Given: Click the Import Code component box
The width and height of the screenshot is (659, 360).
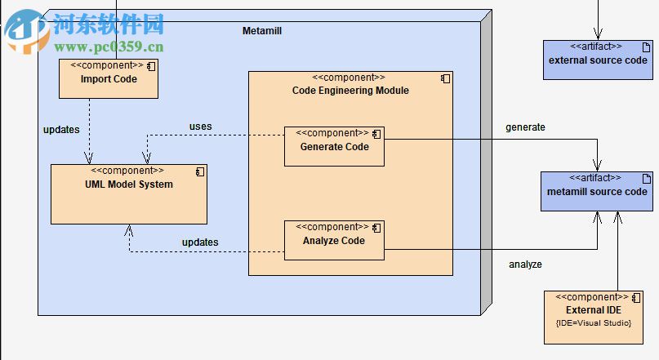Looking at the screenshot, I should [x=109, y=79].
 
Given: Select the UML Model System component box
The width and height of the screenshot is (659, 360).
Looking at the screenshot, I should [x=128, y=194].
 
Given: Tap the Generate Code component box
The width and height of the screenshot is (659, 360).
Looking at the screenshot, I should [x=334, y=147].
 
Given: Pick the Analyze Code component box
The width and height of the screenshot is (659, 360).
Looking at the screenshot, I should [x=334, y=241].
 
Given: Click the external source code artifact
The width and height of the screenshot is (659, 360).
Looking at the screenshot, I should [x=598, y=60].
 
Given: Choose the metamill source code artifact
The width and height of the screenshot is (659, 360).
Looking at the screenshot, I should [x=597, y=192].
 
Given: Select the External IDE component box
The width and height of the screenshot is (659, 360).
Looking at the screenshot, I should [x=594, y=316].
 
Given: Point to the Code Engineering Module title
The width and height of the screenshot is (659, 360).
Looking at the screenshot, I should [x=350, y=91].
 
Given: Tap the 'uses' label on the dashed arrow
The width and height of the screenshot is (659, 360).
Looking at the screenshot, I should [x=200, y=127].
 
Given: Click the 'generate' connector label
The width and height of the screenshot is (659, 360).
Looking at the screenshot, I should [x=525, y=127].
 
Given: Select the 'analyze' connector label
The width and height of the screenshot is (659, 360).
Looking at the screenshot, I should [x=525, y=264].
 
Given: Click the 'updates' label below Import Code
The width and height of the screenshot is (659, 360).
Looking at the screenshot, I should [x=61, y=130].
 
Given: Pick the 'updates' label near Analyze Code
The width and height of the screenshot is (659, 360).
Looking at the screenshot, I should [x=200, y=242].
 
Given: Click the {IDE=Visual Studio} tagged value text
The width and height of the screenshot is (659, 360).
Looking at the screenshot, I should [x=594, y=323].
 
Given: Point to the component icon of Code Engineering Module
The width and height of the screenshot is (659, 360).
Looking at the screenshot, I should [x=445, y=78].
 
